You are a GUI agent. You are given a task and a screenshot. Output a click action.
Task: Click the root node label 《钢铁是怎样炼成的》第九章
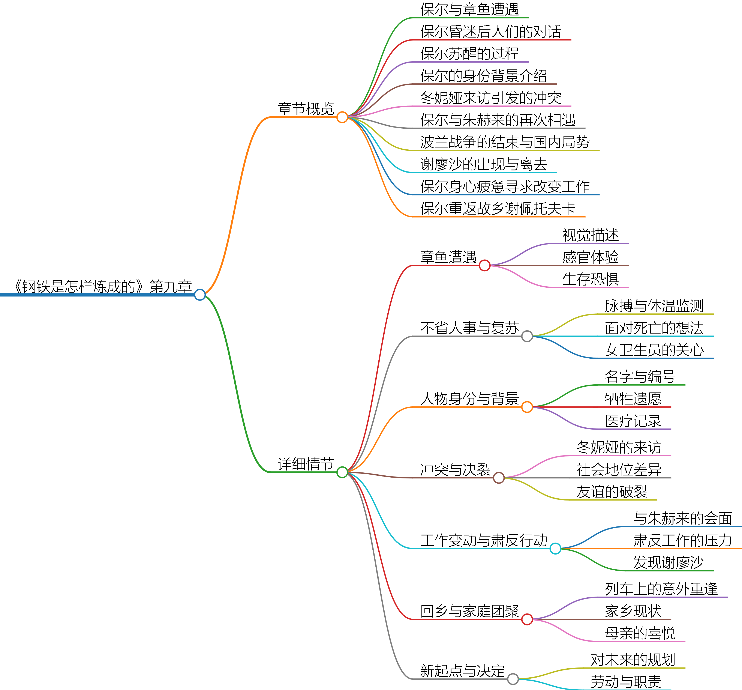coord(103,286)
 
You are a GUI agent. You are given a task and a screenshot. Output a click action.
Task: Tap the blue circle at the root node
coord(200,295)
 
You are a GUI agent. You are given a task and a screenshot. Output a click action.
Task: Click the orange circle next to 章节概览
coord(342,117)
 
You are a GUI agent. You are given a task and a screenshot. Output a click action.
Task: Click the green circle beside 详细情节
coord(342,472)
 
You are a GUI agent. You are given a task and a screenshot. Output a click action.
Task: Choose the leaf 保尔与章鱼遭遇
coord(469,9)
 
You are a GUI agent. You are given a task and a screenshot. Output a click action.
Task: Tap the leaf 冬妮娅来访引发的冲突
coord(491,98)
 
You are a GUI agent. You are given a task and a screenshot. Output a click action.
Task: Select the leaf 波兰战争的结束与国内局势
coord(505,142)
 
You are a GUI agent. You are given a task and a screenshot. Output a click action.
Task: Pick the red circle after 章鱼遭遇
coord(484,265)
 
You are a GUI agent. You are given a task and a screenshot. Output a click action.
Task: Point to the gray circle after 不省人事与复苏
coord(527,336)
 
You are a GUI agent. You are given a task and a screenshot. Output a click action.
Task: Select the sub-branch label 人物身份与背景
coord(469,399)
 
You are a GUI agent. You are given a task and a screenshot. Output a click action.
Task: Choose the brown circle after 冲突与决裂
coord(499,478)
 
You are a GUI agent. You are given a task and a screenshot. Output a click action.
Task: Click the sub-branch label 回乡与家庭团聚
coord(469,611)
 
